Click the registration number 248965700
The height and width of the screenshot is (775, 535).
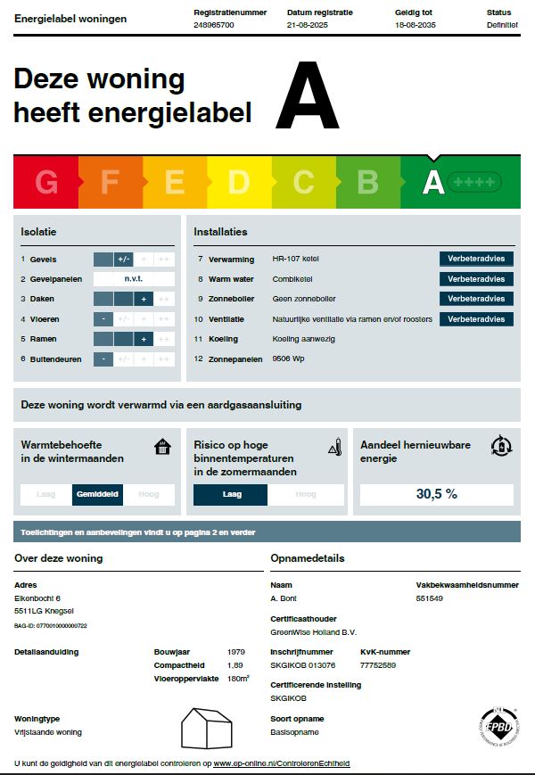tap(213, 25)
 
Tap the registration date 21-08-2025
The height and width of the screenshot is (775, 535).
tap(309, 25)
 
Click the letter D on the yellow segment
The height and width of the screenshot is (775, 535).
tap(238, 182)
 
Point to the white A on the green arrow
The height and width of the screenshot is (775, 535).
tap(433, 181)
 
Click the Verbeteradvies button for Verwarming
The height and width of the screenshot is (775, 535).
tap(476, 259)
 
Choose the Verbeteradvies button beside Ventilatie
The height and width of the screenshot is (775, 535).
tap(476, 319)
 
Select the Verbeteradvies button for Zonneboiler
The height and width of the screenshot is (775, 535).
tap(476, 299)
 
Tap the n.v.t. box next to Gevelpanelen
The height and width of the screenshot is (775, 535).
tap(134, 279)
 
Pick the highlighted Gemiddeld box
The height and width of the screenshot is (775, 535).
tap(97, 494)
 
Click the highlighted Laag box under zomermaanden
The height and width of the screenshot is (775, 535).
tap(231, 494)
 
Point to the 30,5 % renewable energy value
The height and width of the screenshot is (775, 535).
tap(437, 494)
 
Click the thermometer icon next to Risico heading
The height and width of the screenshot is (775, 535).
tap(334, 447)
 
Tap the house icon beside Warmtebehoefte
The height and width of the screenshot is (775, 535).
tap(161, 447)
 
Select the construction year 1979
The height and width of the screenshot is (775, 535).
tap(235, 652)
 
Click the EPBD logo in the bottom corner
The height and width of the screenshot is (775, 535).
tap(499, 727)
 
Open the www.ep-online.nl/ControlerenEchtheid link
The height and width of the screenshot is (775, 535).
tap(282, 763)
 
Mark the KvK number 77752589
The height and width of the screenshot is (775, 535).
tap(378, 665)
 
